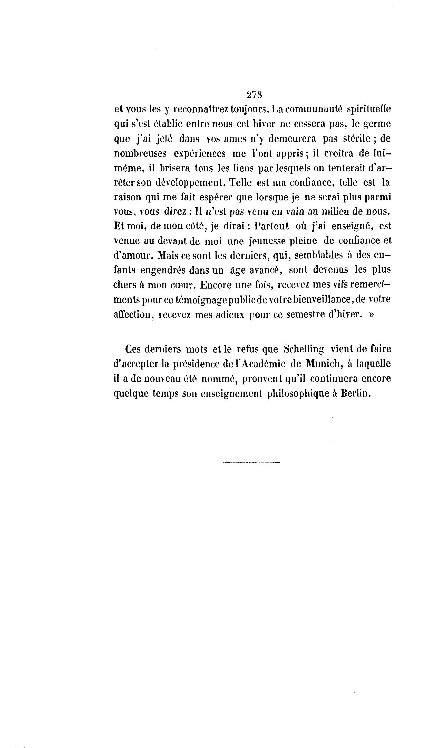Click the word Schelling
(x=304, y=349)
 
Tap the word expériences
(x=200, y=153)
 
